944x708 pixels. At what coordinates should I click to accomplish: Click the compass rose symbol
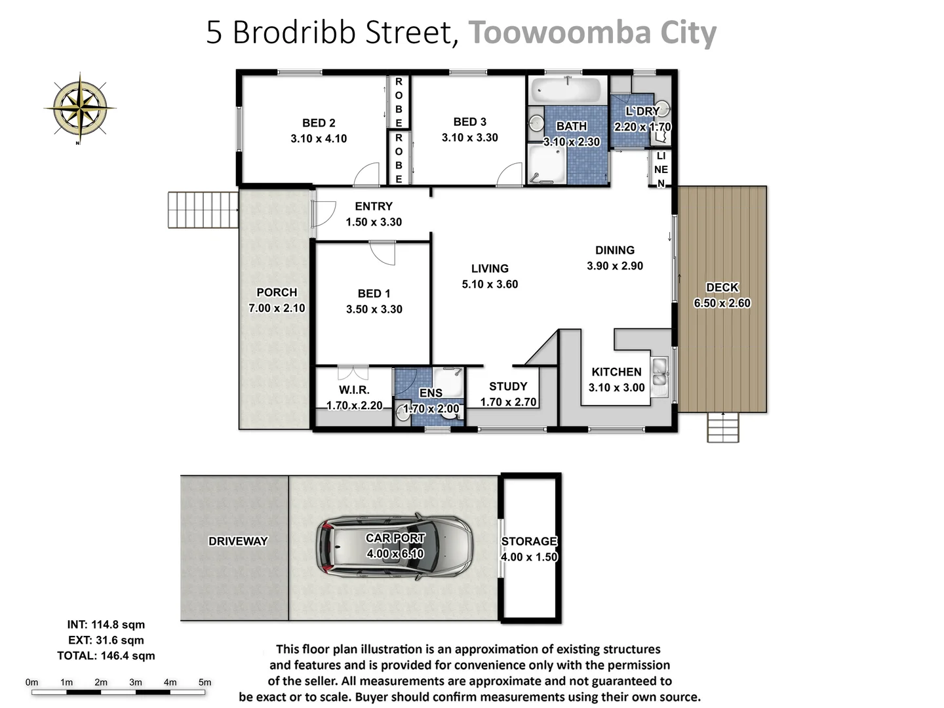pyautogui.click(x=79, y=107)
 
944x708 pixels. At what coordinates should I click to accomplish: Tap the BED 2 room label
pyautogui.click(x=319, y=123)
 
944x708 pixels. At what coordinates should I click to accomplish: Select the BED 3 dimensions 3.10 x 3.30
pyautogui.click(x=469, y=138)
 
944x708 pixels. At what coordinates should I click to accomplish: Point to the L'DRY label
pyautogui.click(x=642, y=111)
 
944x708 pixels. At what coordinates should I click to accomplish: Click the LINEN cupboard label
pyautogui.click(x=661, y=169)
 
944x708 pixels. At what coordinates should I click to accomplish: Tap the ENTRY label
pyautogui.click(x=374, y=206)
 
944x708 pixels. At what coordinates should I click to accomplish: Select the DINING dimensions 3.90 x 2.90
pyautogui.click(x=615, y=265)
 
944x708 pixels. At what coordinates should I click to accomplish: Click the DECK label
pyautogui.click(x=722, y=287)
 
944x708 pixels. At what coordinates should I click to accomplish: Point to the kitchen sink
pyautogui.click(x=659, y=371)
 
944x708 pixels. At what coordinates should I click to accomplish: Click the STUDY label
pyautogui.click(x=508, y=386)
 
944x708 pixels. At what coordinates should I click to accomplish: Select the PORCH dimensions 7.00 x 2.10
pyautogui.click(x=277, y=308)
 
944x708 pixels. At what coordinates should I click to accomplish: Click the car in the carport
pyautogui.click(x=395, y=545)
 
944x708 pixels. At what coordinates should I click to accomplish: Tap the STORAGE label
pyautogui.click(x=529, y=541)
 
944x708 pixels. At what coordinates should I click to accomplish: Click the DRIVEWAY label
pyautogui.click(x=238, y=541)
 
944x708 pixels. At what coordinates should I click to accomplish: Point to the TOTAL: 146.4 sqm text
pyautogui.click(x=106, y=656)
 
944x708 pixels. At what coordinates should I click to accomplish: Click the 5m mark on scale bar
pyautogui.click(x=205, y=682)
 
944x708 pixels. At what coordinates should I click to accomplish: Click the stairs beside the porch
pyautogui.click(x=203, y=209)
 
